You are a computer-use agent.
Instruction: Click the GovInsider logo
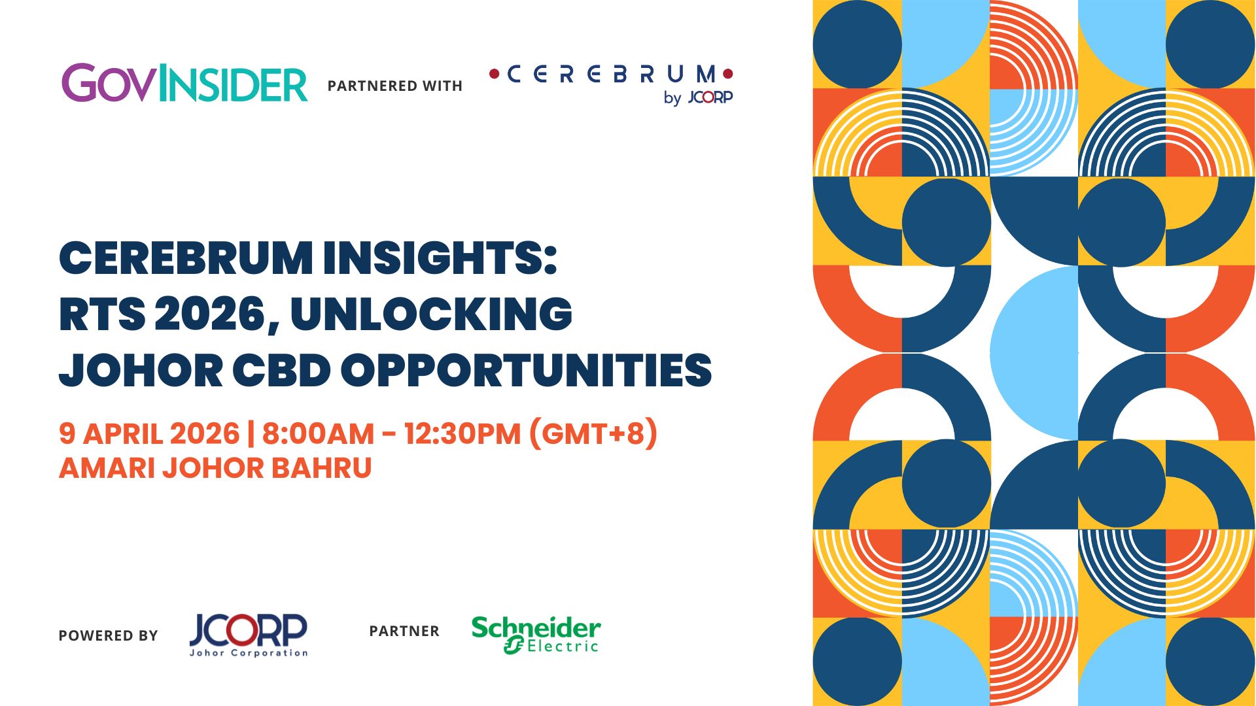[x=184, y=83]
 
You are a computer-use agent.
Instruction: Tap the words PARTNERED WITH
[x=395, y=86]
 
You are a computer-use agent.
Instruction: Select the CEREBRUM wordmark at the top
[x=611, y=74]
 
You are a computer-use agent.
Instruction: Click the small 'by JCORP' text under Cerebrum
[x=698, y=97]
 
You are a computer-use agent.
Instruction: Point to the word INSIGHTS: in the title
[x=440, y=258]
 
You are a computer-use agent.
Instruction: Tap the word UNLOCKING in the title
[x=431, y=314]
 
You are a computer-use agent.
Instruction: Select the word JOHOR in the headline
[x=141, y=371]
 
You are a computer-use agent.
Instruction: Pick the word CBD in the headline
[x=282, y=371]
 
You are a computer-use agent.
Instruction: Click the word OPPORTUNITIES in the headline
[x=526, y=371]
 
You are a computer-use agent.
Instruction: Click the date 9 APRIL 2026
[x=149, y=433]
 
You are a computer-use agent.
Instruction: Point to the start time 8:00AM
[x=318, y=433]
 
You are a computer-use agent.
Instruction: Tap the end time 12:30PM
[x=462, y=433]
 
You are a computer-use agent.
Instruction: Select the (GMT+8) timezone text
[x=593, y=433]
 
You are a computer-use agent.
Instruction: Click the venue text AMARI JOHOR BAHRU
[x=215, y=468]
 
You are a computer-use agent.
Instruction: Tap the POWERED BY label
[x=108, y=635]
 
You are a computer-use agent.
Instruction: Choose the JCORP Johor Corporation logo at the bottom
[x=249, y=635]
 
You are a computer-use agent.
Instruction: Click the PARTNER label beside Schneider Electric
[x=404, y=631]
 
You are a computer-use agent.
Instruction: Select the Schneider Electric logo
[x=536, y=634]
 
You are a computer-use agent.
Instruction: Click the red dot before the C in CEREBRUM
[x=495, y=74]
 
